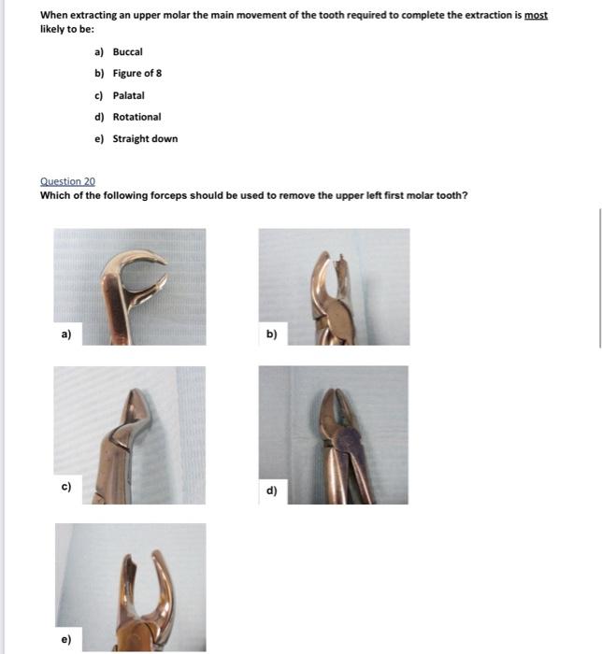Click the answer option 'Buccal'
click(128, 52)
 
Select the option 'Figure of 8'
click(137, 74)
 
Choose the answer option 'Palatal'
click(129, 95)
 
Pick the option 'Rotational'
click(136, 117)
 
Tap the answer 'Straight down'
click(145, 139)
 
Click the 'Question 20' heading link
click(67, 181)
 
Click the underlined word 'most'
click(537, 16)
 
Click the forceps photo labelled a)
click(130, 287)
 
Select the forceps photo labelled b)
click(334, 287)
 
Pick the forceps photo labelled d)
click(334, 435)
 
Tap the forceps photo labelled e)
click(130, 587)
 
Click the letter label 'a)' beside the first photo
click(66, 333)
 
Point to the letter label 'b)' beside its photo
click(272, 333)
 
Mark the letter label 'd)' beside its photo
click(272, 490)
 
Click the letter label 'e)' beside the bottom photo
click(66, 640)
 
